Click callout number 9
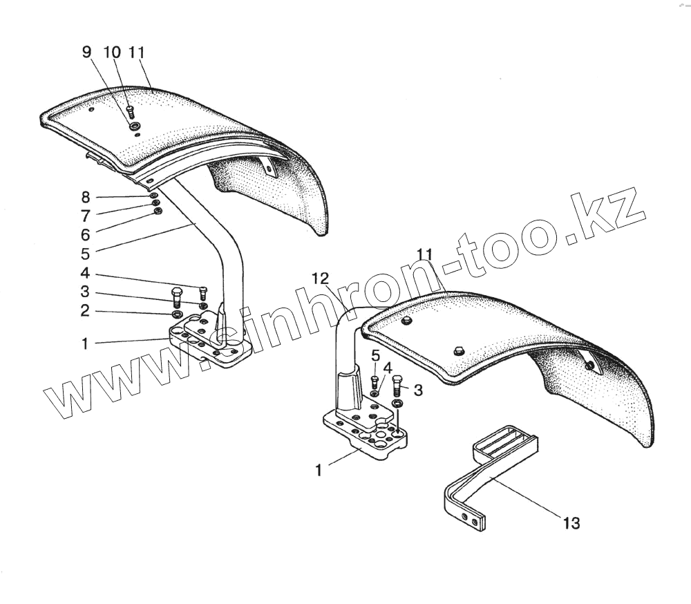click(x=86, y=53)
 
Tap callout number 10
click(x=112, y=53)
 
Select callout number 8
click(x=85, y=197)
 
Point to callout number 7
click(x=85, y=215)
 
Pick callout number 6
click(x=85, y=234)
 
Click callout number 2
click(x=85, y=311)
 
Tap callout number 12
click(x=319, y=279)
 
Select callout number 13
click(x=571, y=522)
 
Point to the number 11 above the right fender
click(x=424, y=254)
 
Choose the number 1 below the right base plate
click(x=319, y=470)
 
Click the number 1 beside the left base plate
click(x=85, y=343)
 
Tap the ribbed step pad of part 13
click(x=504, y=442)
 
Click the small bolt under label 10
click(x=130, y=110)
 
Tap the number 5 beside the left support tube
click(x=85, y=254)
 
